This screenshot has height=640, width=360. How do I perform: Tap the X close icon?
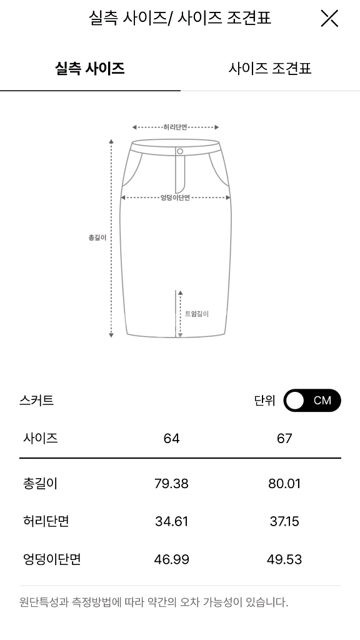click(x=329, y=19)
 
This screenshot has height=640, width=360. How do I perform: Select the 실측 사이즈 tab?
click(x=90, y=68)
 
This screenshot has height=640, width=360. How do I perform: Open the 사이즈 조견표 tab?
click(x=270, y=68)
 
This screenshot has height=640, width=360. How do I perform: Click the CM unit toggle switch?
click(x=312, y=401)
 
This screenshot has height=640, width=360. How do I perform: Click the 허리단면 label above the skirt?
click(x=175, y=127)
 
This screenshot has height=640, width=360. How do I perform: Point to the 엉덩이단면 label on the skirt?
click(x=175, y=197)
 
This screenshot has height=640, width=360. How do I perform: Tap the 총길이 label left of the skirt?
click(x=97, y=237)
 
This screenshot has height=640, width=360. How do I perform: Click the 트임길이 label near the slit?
click(x=196, y=314)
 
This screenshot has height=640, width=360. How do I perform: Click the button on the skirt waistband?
click(x=180, y=151)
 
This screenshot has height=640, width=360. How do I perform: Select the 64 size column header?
click(x=171, y=439)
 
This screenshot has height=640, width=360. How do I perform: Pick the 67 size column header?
click(x=284, y=439)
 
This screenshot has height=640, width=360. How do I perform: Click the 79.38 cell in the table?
click(x=171, y=484)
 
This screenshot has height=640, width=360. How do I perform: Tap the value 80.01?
click(x=284, y=484)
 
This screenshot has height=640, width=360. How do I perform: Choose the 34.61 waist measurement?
click(x=171, y=521)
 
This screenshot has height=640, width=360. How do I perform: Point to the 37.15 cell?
click(x=284, y=521)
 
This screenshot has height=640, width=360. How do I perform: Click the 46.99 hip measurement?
click(x=171, y=559)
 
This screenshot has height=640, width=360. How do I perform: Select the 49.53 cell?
click(x=284, y=559)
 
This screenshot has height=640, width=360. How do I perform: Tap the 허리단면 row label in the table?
click(x=46, y=521)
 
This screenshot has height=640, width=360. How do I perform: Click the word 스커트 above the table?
click(x=36, y=401)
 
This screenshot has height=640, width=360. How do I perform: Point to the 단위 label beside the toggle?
click(x=264, y=401)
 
